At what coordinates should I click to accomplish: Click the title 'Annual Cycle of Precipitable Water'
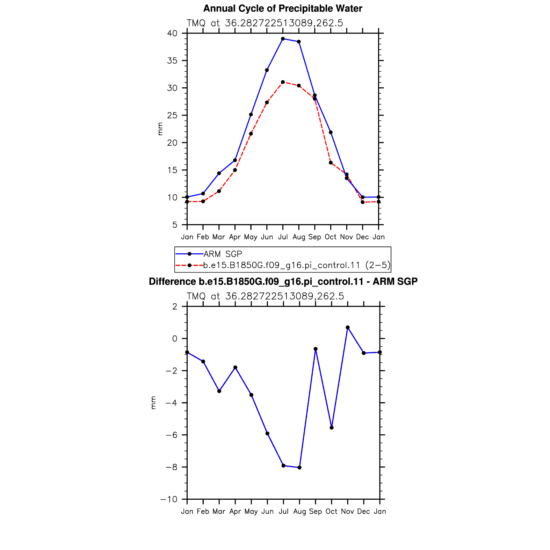tap(283, 8)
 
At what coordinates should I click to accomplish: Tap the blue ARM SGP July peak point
tap(283, 39)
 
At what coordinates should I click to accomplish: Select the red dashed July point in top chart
tap(283, 82)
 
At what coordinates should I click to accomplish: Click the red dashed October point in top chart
tap(331, 163)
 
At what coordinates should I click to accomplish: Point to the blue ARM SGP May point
tap(251, 115)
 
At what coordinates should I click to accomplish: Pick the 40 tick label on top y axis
tap(172, 34)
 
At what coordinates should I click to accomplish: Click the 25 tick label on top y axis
tap(172, 115)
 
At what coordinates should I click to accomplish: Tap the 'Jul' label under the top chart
tap(283, 237)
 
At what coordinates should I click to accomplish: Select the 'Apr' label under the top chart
tap(235, 237)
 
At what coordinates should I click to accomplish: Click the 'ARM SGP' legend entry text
tap(223, 254)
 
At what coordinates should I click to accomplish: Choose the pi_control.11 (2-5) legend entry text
tap(297, 266)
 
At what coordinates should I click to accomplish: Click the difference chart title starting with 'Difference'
tap(283, 282)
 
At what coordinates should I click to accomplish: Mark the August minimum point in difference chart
tap(299, 468)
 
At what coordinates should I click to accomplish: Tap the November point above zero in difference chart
tap(348, 327)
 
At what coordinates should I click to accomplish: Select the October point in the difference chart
tap(332, 428)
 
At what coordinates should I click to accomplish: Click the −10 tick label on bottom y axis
tap(169, 499)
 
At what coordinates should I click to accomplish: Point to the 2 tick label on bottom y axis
tap(175, 306)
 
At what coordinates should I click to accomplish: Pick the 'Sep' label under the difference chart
tap(316, 512)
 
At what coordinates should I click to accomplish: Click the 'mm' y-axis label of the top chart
tap(160, 129)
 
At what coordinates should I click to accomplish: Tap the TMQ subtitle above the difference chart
tap(266, 296)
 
